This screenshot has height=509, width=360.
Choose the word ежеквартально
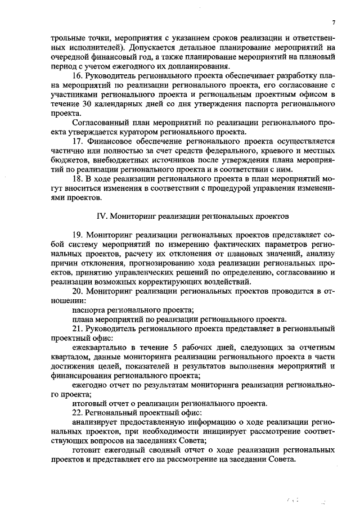point(98,347)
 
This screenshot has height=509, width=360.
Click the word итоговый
point(88,403)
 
